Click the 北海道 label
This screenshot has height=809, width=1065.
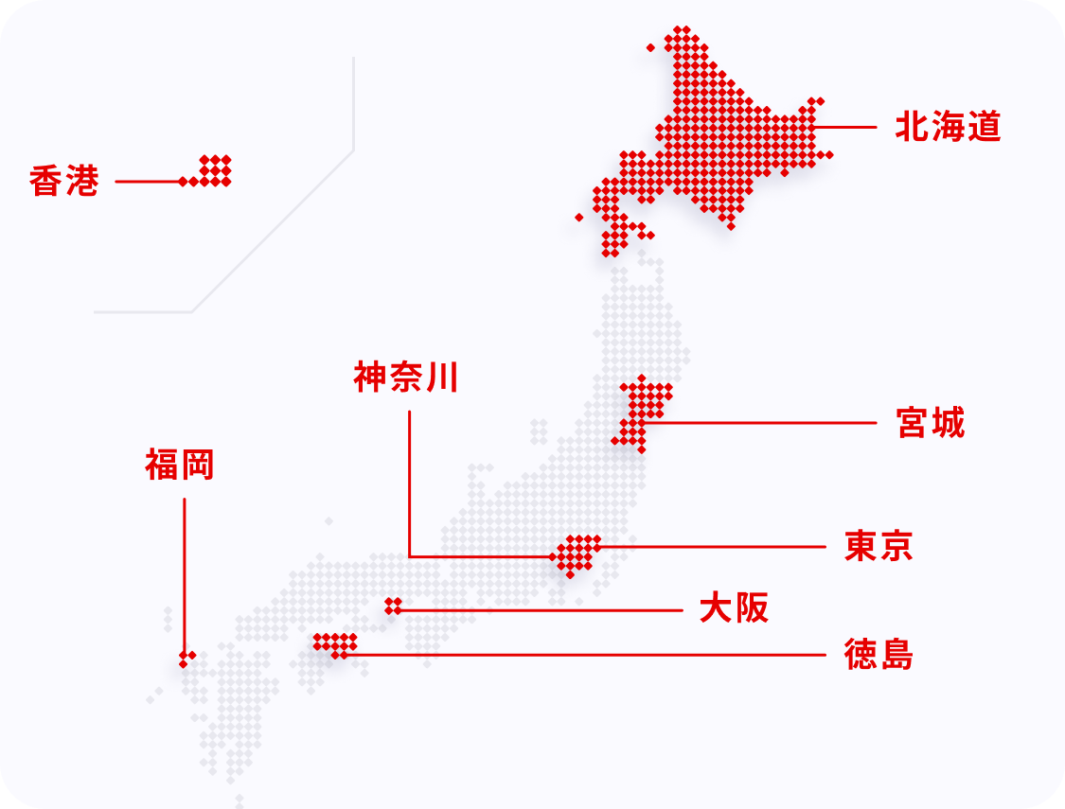948,128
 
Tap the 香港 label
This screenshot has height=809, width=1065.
64,181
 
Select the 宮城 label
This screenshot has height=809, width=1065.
931,423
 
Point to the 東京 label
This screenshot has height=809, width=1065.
879,547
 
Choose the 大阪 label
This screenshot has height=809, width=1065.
734,608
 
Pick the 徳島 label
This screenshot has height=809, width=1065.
879,654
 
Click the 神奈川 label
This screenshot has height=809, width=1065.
406,378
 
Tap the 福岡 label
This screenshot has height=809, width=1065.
180,465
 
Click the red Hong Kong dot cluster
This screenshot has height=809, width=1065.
216,170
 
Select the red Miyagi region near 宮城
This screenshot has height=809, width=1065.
643,408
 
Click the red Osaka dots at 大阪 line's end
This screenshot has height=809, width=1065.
393,607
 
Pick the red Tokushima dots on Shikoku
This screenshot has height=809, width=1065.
335,644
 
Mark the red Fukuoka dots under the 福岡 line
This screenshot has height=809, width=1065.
186,658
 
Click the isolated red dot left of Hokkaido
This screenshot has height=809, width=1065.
579,217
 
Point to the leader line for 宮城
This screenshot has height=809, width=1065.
757,423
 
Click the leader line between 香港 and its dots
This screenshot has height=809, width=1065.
148,181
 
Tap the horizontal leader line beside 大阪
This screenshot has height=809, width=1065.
540,610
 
